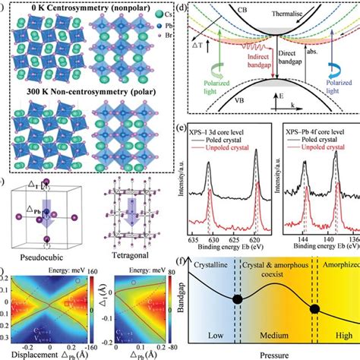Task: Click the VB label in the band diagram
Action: click(242, 138)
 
